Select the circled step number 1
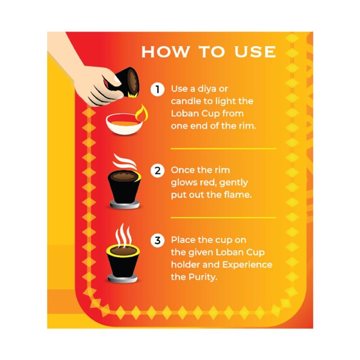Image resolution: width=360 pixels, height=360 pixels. [x=157, y=89]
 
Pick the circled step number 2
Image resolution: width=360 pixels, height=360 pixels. [x=157, y=171]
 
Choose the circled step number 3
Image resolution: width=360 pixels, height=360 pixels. [x=157, y=241]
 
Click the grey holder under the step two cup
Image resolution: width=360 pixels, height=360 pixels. [x=125, y=205]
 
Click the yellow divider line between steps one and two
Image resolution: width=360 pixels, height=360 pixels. [x=223, y=148]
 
